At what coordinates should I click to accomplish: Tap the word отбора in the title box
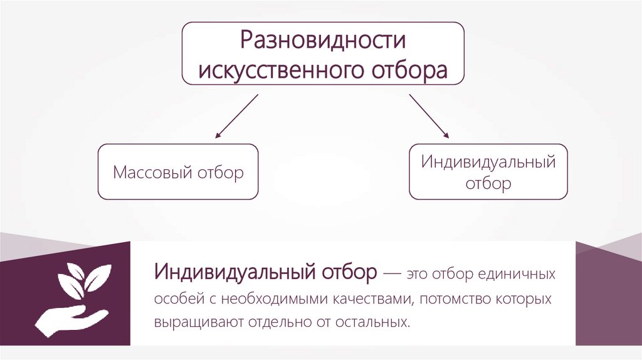coord(411,69)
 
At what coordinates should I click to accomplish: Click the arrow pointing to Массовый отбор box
coord(237,116)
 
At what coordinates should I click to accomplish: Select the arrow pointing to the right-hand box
coord(429,116)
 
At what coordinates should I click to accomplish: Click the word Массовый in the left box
coord(152,172)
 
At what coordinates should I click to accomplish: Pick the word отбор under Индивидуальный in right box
coord(488,184)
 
